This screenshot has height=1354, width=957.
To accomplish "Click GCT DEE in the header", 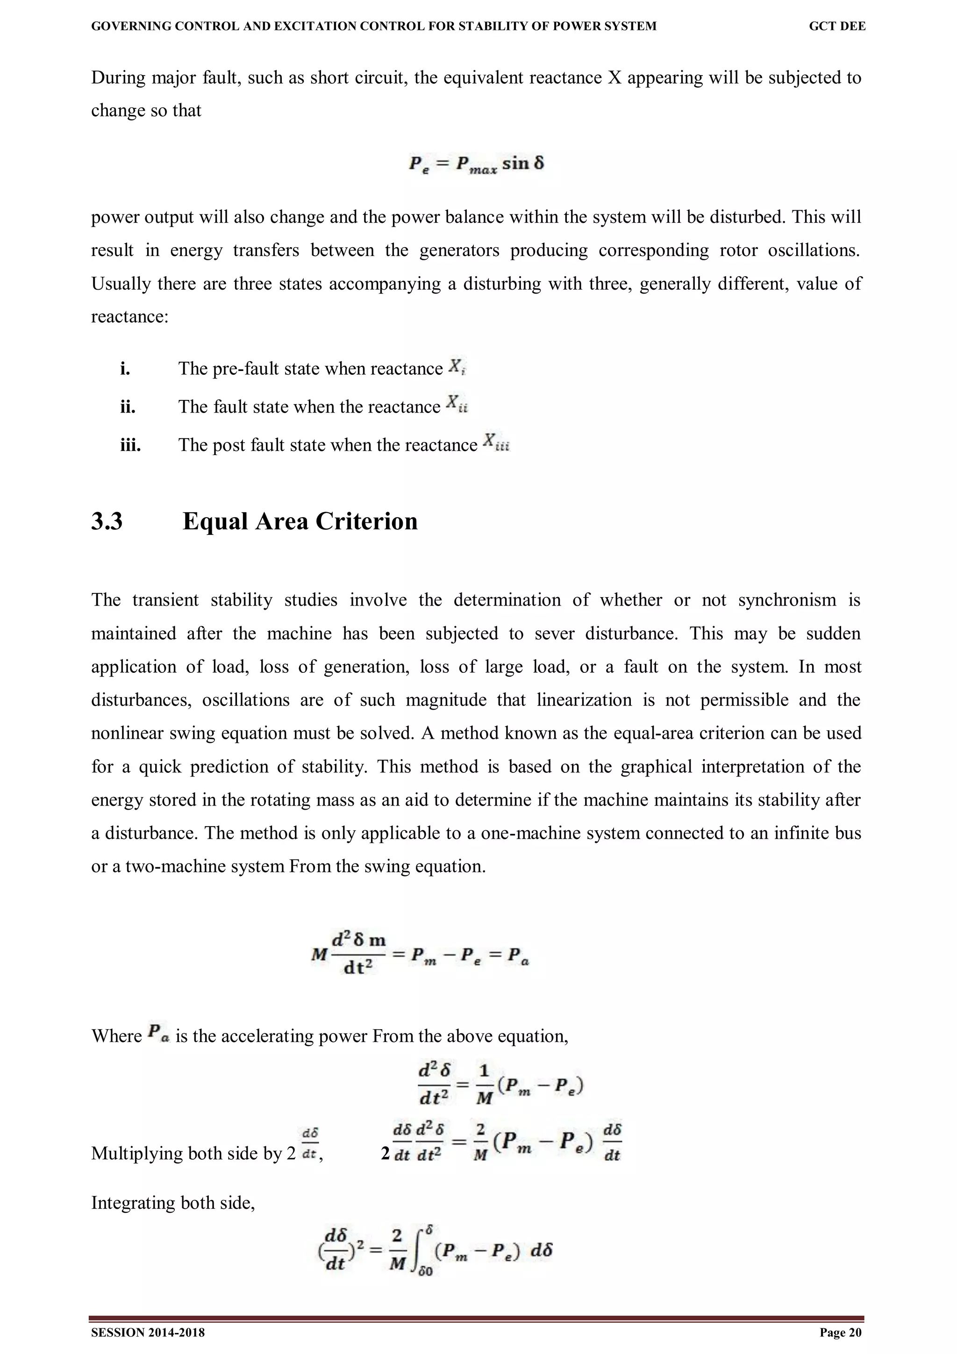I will point(837,26).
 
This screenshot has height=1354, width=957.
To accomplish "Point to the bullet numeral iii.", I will point(130,445).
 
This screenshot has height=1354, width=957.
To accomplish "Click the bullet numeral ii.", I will point(128,407).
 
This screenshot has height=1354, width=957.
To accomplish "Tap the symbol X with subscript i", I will point(457,367).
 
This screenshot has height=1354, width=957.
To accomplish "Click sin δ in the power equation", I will point(522,163).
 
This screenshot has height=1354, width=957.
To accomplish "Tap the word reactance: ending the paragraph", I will point(130,317).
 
